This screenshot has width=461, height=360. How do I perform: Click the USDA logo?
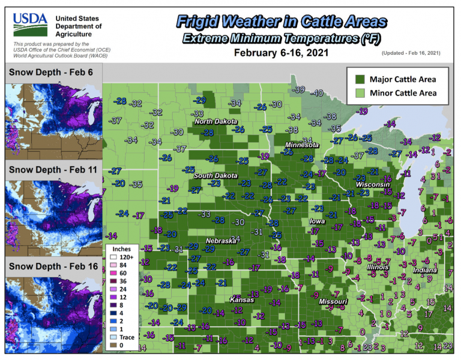(x=30, y=24)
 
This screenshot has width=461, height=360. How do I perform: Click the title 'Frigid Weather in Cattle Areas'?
(x=282, y=22)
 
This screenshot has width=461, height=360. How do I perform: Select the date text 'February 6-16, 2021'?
(x=282, y=53)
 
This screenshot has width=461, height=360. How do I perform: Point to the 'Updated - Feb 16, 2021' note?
(x=411, y=53)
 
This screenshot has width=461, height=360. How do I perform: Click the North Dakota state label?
(x=215, y=122)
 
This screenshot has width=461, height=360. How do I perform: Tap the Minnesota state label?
(x=302, y=145)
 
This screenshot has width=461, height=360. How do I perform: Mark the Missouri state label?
(x=333, y=301)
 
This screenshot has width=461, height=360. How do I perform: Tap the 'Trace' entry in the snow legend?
(x=127, y=337)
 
